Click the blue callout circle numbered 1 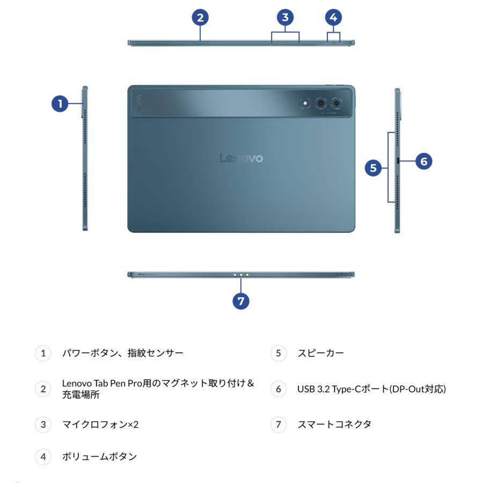(x=60, y=104)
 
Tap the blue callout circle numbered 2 (x=200, y=17)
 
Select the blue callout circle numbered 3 (x=285, y=17)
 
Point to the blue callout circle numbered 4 (x=334, y=17)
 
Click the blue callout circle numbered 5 (x=374, y=168)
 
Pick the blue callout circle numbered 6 (x=423, y=160)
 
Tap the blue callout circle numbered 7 (x=241, y=301)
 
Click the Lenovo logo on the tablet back (x=241, y=158)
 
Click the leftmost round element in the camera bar (x=305, y=103)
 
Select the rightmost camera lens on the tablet (x=337, y=103)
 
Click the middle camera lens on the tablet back (x=321, y=103)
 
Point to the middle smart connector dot (x=241, y=274)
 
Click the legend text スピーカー (x=321, y=353)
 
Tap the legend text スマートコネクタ (x=334, y=425)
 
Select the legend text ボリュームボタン (x=99, y=457)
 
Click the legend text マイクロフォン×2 (x=100, y=425)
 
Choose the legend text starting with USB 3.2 (x=372, y=389)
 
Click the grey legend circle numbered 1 (x=43, y=353)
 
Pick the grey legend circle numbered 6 (x=278, y=389)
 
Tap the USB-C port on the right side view (x=397, y=161)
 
